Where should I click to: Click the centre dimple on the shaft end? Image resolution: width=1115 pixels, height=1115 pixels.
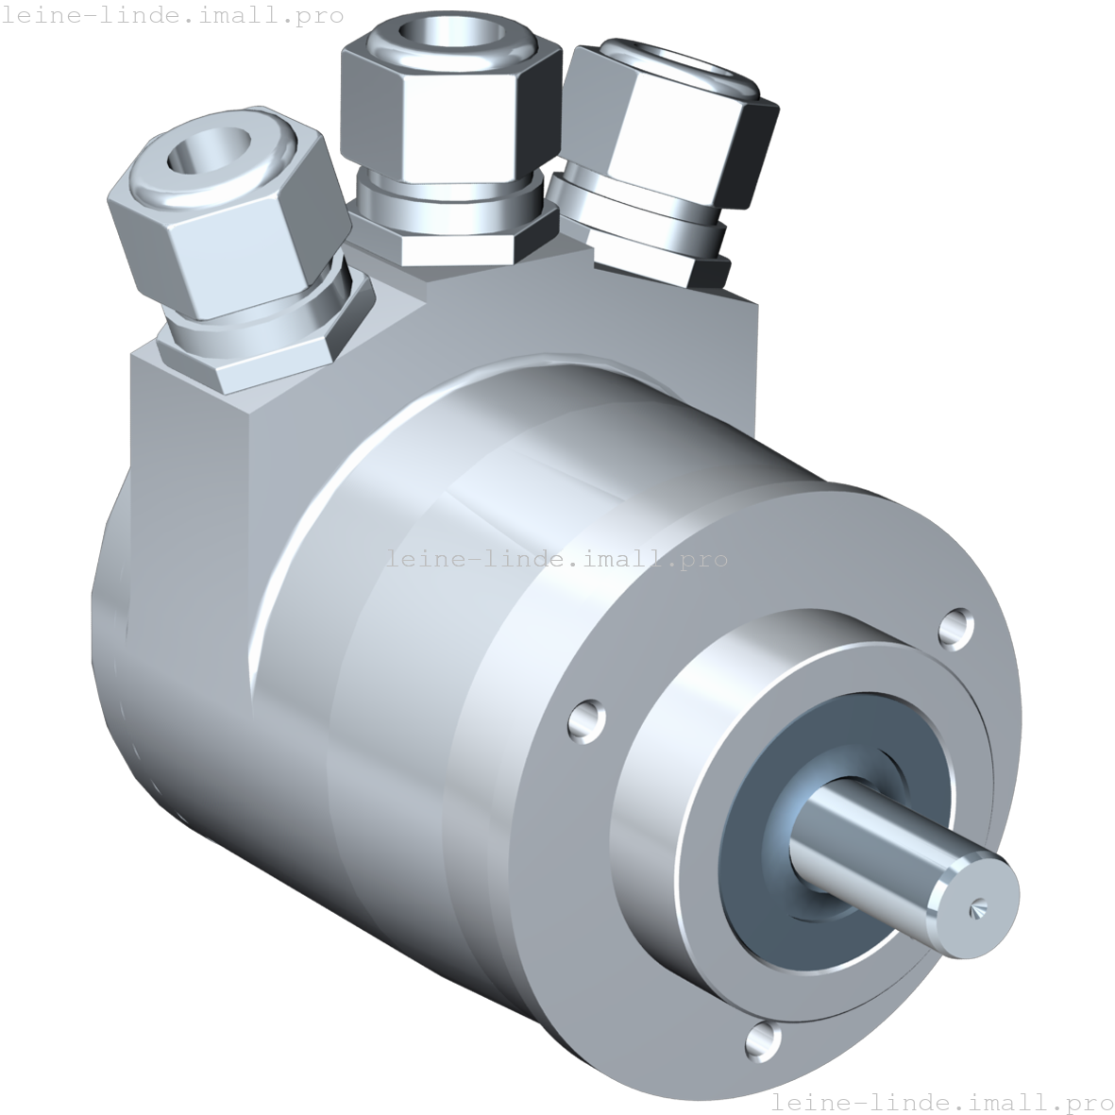tap(976, 907)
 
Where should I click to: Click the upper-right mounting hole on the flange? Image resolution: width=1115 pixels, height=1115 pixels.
tap(958, 628)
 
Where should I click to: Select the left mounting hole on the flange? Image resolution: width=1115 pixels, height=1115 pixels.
tap(586, 720)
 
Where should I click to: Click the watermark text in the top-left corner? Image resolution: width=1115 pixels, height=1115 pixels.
tap(172, 15)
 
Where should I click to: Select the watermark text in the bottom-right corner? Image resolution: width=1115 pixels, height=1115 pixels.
tap(942, 1102)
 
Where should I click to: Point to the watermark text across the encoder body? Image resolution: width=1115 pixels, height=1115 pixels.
tap(557, 559)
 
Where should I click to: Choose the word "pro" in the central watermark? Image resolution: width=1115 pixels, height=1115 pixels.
tap(708, 560)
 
